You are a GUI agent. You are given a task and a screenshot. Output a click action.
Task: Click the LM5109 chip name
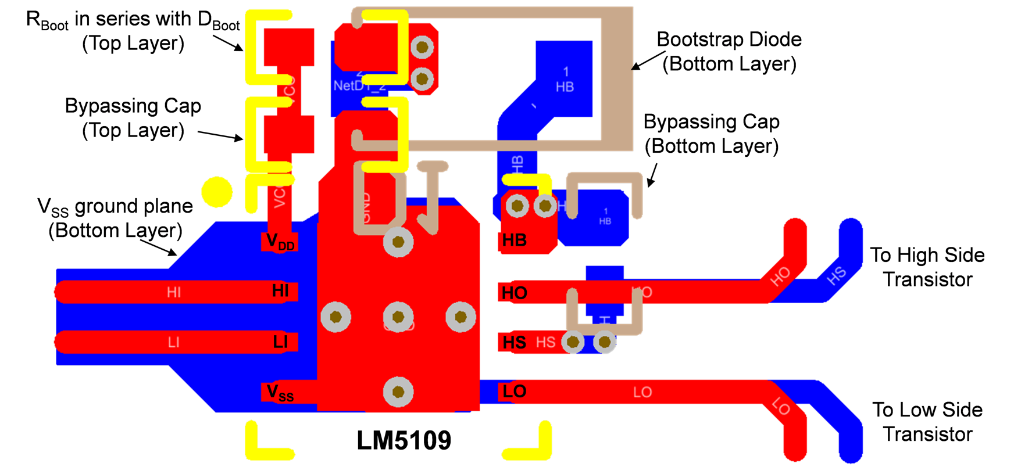404,441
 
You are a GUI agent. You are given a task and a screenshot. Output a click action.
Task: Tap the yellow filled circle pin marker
217,192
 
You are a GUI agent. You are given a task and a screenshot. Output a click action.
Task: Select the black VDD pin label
280,241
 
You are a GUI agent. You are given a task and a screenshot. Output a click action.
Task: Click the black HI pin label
280,290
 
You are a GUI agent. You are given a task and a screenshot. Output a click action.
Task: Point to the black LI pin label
280,342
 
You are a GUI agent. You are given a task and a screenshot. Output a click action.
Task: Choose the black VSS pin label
280,393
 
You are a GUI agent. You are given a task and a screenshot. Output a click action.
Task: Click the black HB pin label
515,240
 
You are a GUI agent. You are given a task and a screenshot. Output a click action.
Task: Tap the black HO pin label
515,293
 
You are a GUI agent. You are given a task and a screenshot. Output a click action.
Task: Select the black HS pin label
515,342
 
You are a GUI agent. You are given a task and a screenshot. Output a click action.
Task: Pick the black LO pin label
515,392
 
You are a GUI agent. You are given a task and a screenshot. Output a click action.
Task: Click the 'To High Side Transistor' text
927,267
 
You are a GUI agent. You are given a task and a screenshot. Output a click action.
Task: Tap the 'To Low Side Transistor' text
927,422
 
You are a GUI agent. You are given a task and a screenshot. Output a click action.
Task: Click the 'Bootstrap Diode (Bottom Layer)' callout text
729,52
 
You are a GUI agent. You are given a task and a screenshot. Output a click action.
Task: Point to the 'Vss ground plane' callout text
115,218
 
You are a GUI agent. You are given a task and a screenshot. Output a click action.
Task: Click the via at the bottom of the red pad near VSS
398,392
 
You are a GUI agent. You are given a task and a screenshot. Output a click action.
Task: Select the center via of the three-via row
398,317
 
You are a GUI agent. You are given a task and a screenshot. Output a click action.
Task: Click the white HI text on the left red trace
174,292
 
